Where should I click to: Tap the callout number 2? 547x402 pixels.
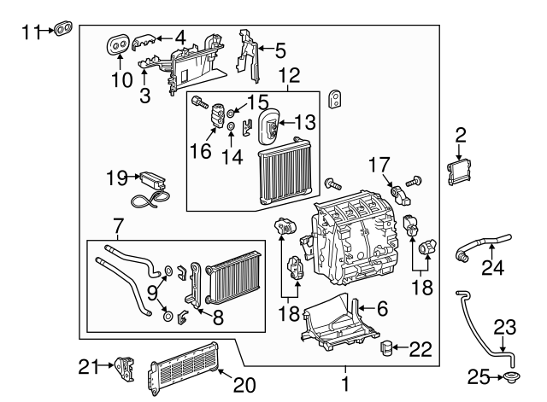[461, 133]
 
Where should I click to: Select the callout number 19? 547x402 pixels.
[117, 178]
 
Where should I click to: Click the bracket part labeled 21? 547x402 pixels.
[127, 369]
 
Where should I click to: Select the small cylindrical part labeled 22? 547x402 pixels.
[389, 347]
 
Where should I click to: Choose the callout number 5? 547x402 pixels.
[279, 50]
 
